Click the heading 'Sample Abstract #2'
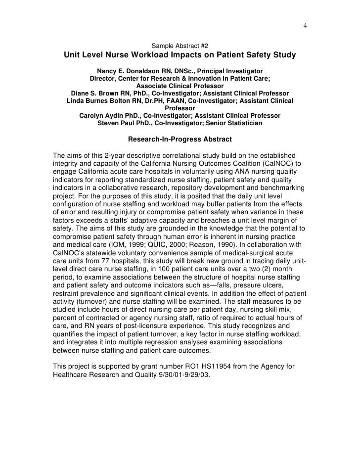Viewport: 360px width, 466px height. point(180,46)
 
